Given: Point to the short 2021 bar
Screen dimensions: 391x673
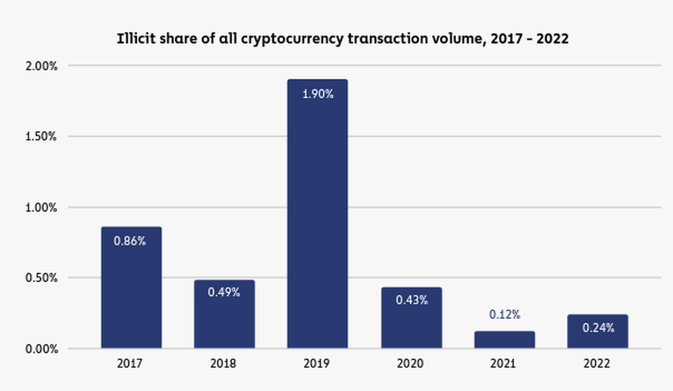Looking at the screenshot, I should coord(504,340).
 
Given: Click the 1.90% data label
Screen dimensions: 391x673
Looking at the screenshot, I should coord(317,94).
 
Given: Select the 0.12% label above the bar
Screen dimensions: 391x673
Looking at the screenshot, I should coord(504,314).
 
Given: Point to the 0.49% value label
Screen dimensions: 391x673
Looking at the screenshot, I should coord(224,292).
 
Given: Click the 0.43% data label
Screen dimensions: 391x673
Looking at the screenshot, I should coord(411,300).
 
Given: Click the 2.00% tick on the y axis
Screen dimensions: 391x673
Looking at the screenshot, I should coord(41,66).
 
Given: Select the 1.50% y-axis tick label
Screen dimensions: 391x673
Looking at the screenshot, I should coord(41,136).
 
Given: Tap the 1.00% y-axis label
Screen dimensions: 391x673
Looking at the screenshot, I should coord(41,207).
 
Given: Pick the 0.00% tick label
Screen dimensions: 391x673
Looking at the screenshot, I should coord(41,349).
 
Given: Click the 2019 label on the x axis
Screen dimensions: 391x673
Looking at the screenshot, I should coord(317,366).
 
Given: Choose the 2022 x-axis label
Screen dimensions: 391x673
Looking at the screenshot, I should coord(598,366).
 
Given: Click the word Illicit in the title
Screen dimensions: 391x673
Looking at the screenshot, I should coord(135,37).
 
